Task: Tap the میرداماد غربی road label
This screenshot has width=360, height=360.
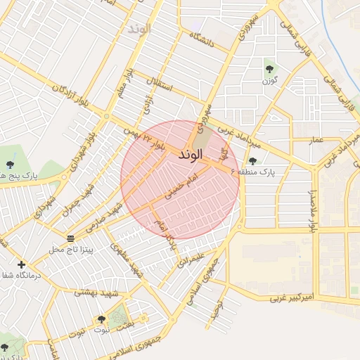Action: point(238,133)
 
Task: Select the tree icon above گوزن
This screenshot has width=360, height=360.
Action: point(269,68)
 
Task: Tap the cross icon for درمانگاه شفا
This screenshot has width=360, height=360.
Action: point(21,265)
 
